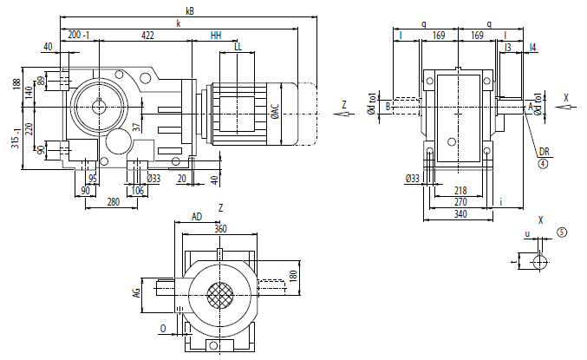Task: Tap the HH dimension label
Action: (x=216, y=36)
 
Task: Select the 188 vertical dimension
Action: (x=16, y=84)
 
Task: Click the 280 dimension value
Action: (x=113, y=201)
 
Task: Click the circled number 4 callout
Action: (x=543, y=162)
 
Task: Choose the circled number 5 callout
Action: (x=562, y=232)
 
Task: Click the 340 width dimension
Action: (x=460, y=213)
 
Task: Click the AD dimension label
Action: (x=197, y=217)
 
